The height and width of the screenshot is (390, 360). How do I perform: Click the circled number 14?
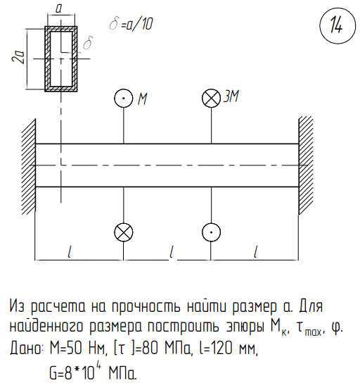(x=337, y=25)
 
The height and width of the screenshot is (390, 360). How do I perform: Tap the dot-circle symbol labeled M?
(x=124, y=98)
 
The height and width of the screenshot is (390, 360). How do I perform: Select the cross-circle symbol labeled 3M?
(x=211, y=98)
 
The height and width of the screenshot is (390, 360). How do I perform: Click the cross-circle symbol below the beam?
(x=124, y=232)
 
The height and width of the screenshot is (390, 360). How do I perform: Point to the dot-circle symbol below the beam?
(x=211, y=232)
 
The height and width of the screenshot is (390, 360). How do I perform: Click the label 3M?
(x=231, y=96)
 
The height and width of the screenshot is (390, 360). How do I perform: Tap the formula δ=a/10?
(x=131, y=24)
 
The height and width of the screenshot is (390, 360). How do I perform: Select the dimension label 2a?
(x=18, y=57)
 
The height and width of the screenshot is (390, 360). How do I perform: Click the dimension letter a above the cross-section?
(x=58, y=8)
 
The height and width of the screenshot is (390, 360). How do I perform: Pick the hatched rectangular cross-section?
(x=61, y=58)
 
